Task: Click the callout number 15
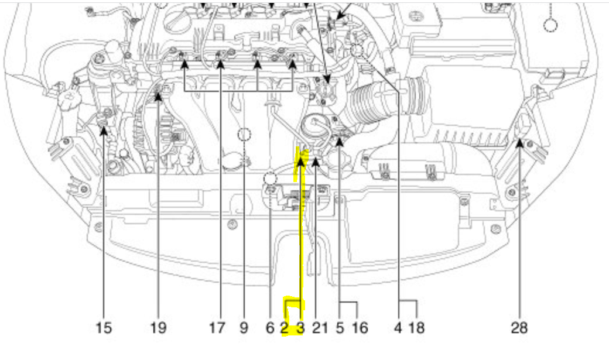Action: coord(103,328)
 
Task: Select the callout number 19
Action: coord(158,328)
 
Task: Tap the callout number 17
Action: coord(217,328)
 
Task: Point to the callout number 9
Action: coord(244,328)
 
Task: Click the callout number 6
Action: coord(270,328)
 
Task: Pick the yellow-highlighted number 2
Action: coord(285,328)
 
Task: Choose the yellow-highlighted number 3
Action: coord(300,328)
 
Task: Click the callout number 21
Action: coord(320,328)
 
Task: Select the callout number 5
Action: coord(340,328)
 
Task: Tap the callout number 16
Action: coord(360,328)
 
